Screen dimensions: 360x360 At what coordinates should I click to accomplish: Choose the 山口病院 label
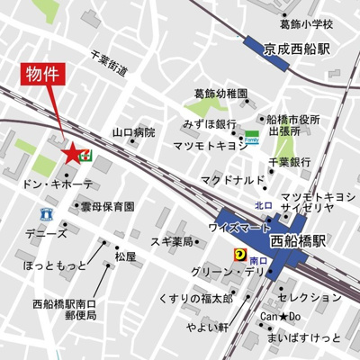pos(133,132)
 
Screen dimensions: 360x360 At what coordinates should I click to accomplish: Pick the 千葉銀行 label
pos(290,162)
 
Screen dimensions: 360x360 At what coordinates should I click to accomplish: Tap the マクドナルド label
pos(231,180)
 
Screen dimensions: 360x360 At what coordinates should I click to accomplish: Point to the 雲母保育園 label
pos(107,206)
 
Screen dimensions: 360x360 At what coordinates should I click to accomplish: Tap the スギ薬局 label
pos(171,242)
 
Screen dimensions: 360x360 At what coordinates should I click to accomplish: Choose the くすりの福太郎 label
pos(194,298)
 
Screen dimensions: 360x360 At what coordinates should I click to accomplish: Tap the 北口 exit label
pos(264,205)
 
